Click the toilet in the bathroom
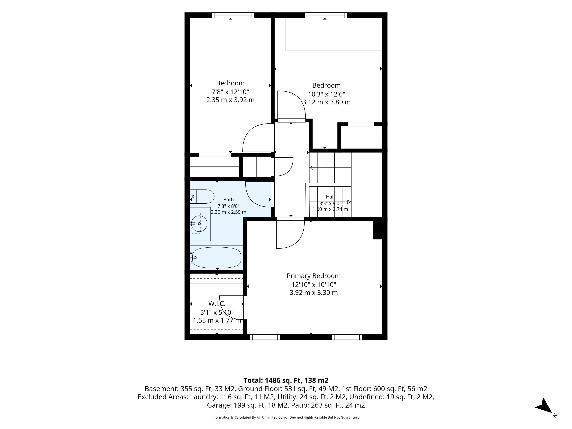[x=202, y=196]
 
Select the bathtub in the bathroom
[x=217, y=258]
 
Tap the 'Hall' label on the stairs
[x=330, y=197]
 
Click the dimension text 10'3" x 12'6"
[x=326, y=94]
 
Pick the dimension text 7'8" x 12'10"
[x=230, y=92]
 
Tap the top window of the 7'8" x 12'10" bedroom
[x=233, y=15]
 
